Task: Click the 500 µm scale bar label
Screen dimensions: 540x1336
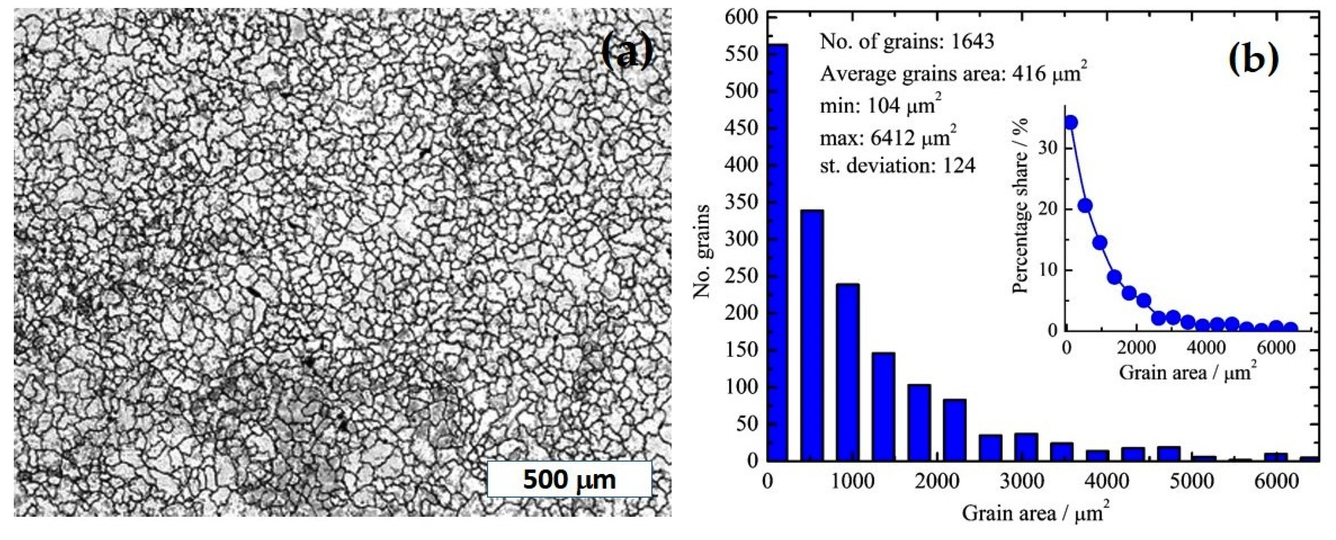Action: point(569,480)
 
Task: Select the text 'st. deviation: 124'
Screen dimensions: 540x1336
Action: point(897,166)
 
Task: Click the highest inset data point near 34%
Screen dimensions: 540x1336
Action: point(1071,122)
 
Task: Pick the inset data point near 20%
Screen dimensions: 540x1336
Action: point(1085,206)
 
